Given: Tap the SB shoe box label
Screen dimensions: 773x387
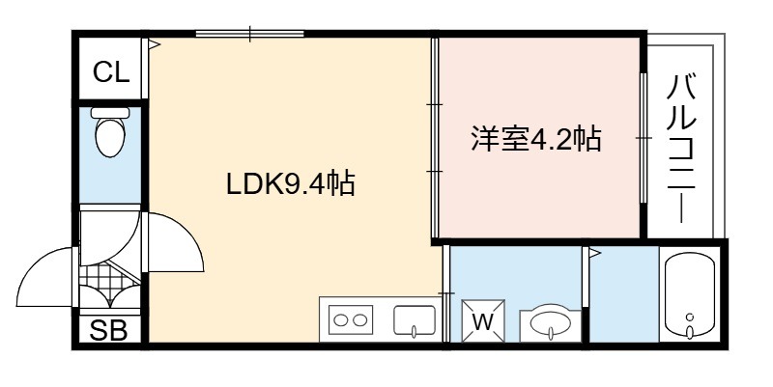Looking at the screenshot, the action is click(109, 330).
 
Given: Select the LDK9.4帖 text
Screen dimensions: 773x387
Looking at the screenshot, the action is click(291, 183).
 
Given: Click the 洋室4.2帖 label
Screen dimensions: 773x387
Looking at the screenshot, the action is click(536, 138).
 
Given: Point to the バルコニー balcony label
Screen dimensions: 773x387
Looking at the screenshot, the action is click(681, 148).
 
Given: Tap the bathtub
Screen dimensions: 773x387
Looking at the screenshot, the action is click(690, 297).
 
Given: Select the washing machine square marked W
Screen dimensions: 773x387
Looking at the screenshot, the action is click(483, 320).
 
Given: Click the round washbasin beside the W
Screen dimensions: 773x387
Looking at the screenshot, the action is click(550, 323).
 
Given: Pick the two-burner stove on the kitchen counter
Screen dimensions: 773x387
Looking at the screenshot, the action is click(351, 320).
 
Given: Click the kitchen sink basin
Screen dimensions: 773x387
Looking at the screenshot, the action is click(415, 320).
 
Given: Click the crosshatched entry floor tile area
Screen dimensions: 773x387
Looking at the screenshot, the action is click(104, 277).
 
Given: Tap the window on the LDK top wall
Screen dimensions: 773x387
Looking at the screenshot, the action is click(249, 34).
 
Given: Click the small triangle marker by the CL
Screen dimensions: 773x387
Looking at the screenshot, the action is click(155, 44).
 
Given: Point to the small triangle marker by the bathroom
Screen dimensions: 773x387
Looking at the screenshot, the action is click(595, 254).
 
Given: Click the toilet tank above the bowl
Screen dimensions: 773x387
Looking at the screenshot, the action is click(110, 113).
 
